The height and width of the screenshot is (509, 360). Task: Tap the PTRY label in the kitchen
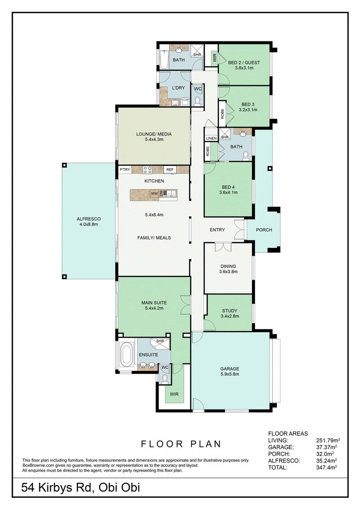pos(125,170)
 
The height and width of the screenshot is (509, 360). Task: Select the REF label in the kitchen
pos(170,170)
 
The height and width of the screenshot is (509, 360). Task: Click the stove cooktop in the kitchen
pos(148,170)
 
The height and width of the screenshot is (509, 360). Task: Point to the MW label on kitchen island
pos(154,194)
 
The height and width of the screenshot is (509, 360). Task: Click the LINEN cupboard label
pos(211,138)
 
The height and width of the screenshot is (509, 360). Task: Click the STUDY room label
pos(229,313)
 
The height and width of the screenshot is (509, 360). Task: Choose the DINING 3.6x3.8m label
pos(228,269)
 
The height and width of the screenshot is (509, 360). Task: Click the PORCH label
pos(264,230)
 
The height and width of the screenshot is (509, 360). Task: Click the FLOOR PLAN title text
pos(181,444)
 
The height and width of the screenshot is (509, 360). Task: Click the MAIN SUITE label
pos(154,306)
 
